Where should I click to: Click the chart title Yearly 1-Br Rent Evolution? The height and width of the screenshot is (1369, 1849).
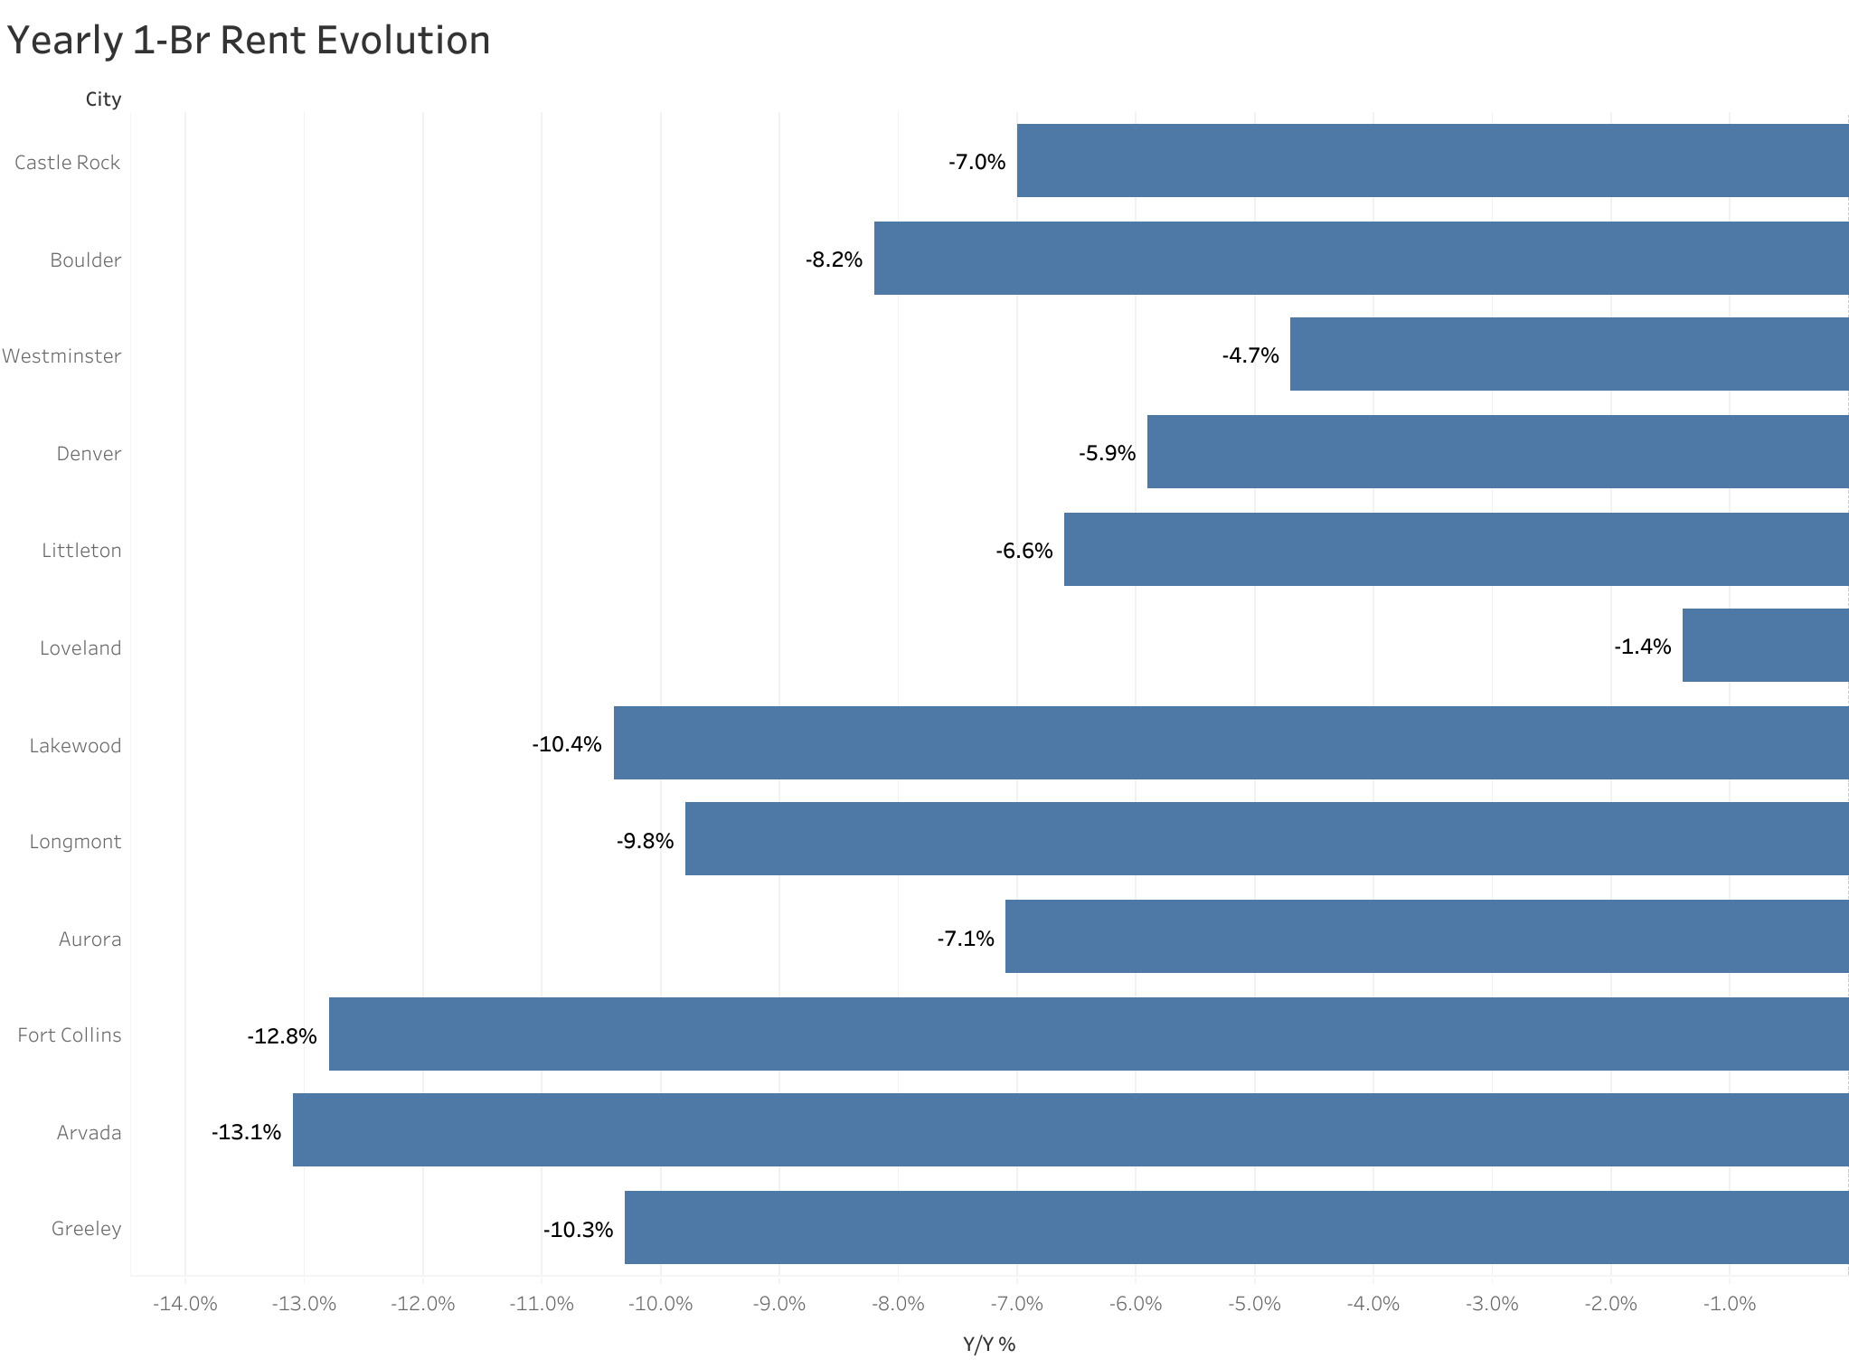pos(249,41)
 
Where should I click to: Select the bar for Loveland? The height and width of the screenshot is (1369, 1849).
pos(1764,646)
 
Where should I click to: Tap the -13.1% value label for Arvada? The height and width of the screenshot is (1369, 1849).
pos(246,1132)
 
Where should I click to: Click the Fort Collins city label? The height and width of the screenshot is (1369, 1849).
pos(69,1035)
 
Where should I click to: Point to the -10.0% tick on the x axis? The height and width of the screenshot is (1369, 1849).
pos(660,1304)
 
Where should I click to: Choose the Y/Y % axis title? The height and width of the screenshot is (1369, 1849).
pos(989,1345)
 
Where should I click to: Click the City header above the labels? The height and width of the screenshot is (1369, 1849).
pos(103,99)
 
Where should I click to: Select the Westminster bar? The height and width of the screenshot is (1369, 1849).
pos(1569,354)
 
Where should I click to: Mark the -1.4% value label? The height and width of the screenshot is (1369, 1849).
pos(1642,647)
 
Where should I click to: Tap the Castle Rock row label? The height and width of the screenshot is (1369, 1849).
pos(67,163)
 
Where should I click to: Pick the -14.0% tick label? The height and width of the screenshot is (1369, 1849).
pos(184,1304)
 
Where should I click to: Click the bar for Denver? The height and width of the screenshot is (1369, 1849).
pos(1497,452)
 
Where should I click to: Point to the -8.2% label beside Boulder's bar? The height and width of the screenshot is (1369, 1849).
pos(834,260)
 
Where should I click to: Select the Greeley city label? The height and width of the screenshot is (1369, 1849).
pos(86,1229)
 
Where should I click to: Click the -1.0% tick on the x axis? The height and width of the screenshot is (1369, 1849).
pos(1729,1304)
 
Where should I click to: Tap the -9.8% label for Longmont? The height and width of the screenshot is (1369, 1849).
pos(645,842)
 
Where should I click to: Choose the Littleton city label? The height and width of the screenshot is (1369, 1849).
pos(81,551)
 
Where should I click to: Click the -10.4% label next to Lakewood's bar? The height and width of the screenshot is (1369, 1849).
pos(566,744)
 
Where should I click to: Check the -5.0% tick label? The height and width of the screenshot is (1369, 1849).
pos(1254,1304)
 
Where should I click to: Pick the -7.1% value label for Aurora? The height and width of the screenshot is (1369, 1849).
pos(965,939)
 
